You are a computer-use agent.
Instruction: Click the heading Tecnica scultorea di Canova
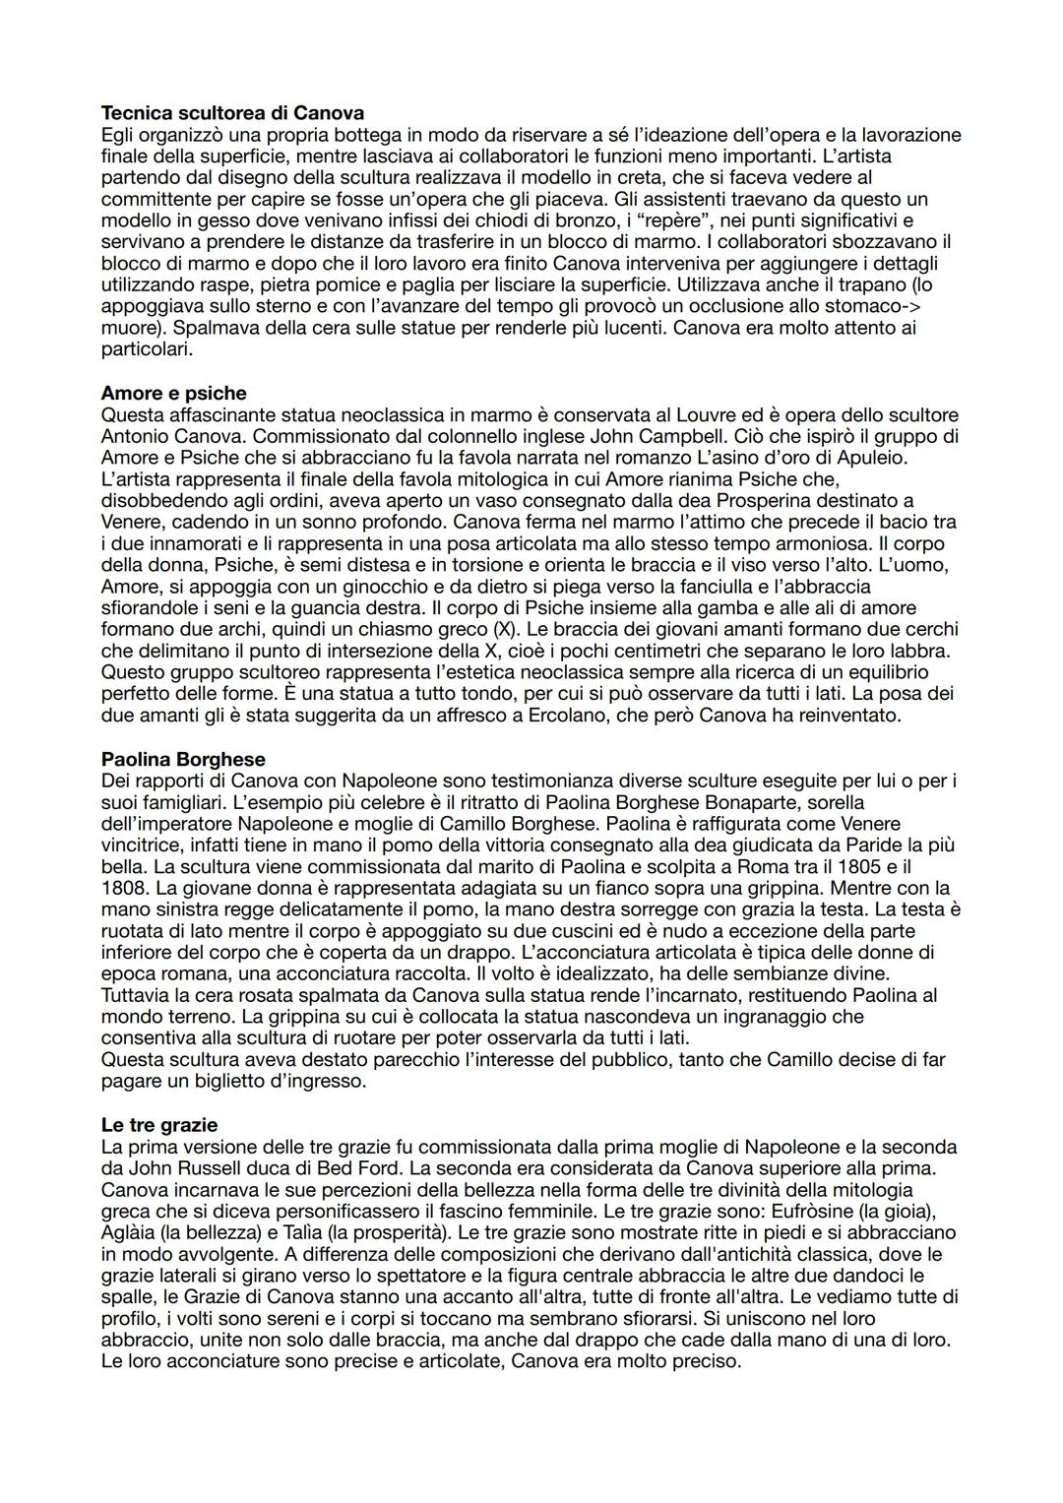232,113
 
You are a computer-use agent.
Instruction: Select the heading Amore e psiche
173,394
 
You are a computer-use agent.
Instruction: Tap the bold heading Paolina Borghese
183,760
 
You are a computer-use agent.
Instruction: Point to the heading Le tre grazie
159,1125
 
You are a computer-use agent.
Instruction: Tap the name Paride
864,845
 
